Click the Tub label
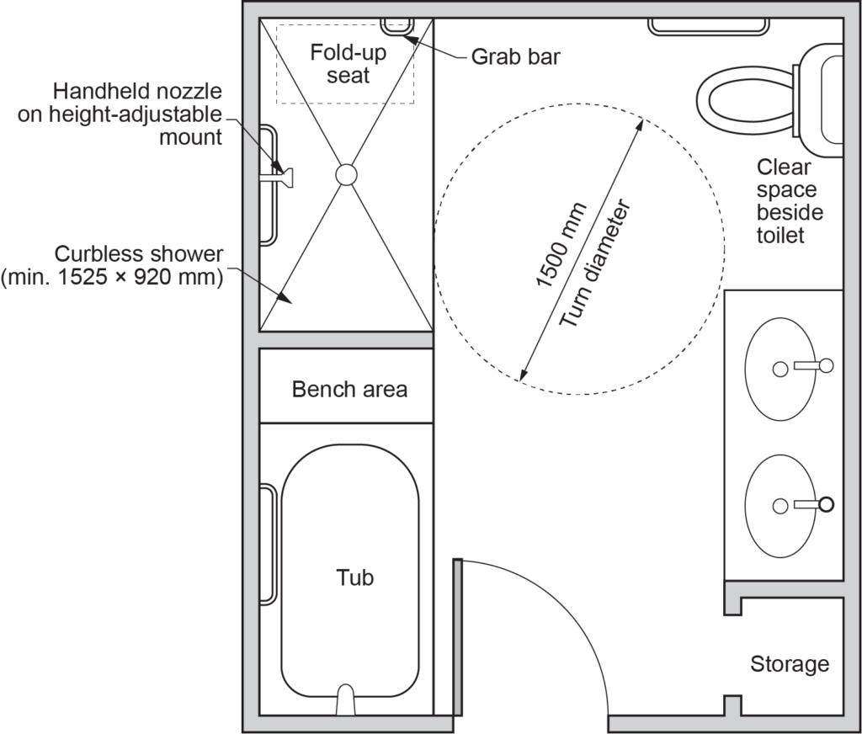click(x=354, y=578)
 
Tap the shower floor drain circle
click(x=346, y=174)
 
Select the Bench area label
click(x=349, y=390)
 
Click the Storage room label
click(x=789, y=664)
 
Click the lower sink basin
click(x=780, y=505)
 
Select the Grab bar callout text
click(x=515, y=57)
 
